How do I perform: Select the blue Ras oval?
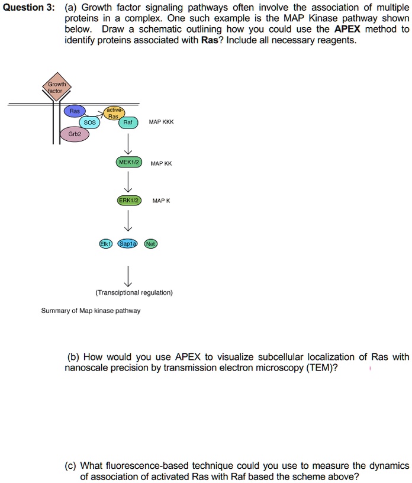coord(75,111)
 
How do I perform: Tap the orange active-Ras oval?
coord(113,113)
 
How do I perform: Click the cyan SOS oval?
coord(90,123)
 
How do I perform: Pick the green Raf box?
coord(128,123)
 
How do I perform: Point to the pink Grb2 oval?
coord(75,134)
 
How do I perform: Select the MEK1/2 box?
coord(129,162)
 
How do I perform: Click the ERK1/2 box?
coord(129,201)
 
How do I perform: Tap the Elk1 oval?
coord(105,243)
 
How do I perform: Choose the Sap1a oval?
coord(128,243)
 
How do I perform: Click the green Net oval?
coord(150,243)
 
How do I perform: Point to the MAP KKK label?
coord(161,122)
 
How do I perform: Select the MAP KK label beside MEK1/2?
coord(161,163)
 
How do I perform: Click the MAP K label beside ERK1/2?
coord(161,201)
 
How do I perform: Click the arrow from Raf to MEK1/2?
coord(128,143)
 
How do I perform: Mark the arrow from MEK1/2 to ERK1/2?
coord(128,182)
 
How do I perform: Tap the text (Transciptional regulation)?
coord(134,292)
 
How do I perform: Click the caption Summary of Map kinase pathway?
coord(91,311)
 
